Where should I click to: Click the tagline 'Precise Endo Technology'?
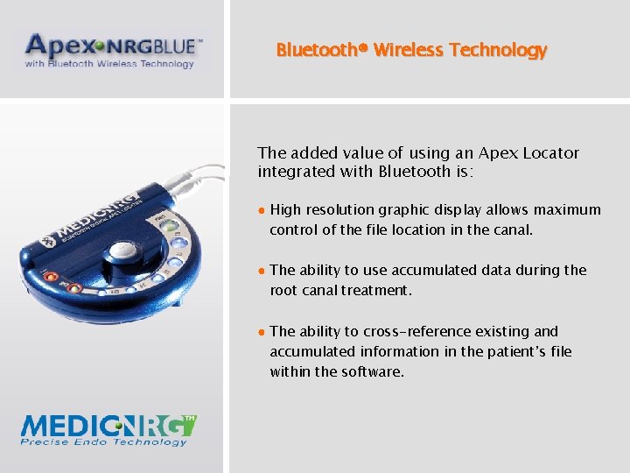point(104,442)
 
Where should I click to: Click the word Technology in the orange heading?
point(498,50)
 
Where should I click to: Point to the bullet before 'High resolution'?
point(262,210)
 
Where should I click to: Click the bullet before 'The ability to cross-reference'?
point(262,332)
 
